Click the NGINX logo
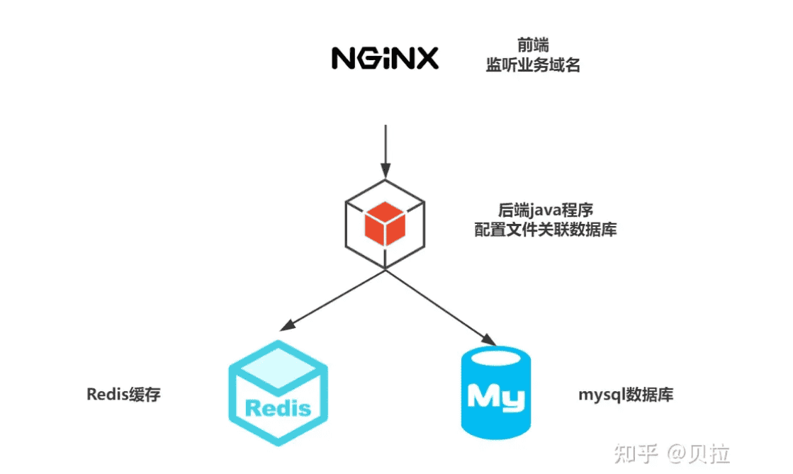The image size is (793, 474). tap(386, 58)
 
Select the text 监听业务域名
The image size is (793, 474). tap(532, 66)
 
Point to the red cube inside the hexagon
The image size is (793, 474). tap(384, 222)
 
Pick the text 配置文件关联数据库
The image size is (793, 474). tap(545, 230)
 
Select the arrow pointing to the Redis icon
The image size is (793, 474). tap(333, 300)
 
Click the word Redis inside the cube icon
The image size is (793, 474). tap(279, 407)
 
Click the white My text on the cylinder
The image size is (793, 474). tap(496, 397)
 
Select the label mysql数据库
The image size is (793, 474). tap(625, 395)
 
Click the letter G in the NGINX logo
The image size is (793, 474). tap(370, 58)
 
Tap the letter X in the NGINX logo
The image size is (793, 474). tap(426, 58)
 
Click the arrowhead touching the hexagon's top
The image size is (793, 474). tap(385, 171)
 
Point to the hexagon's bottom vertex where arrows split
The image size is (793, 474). tap(385, 269)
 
